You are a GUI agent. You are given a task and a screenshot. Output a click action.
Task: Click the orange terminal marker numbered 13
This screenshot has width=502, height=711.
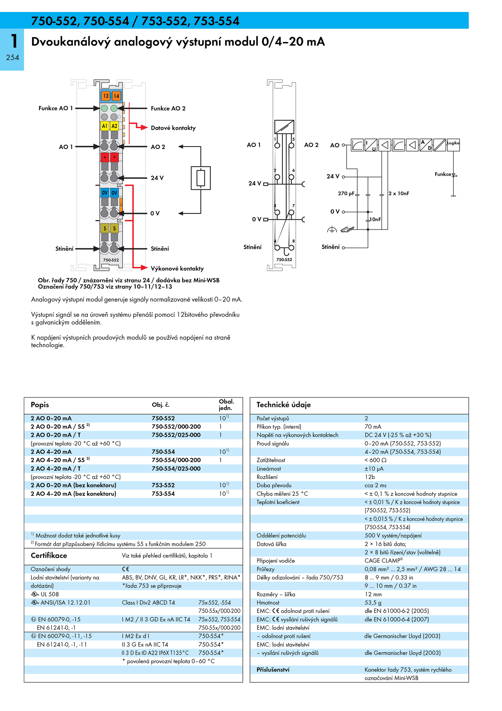point(105,96)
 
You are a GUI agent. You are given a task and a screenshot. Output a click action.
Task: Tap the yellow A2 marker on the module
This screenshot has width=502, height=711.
point(115,126)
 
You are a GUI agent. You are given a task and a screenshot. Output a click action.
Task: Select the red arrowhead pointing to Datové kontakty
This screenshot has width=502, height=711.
point(144,128)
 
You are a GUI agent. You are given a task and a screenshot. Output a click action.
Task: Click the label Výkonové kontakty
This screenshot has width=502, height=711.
point(177,269)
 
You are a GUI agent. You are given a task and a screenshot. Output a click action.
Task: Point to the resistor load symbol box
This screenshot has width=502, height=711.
point(201,178)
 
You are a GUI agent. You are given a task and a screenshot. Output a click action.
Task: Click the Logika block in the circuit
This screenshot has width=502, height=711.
point(453,145)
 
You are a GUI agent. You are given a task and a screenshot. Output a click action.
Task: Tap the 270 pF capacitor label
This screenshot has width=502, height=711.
point(346,194)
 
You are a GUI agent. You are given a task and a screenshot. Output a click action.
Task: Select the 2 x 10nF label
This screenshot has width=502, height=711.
point(399,194)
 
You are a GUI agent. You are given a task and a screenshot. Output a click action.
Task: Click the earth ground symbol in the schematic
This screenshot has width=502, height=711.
point(332,230)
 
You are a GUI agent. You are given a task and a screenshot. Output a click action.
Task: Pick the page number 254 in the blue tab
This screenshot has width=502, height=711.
point(13,57)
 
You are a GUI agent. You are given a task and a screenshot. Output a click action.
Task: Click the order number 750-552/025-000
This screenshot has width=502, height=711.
point(176,435)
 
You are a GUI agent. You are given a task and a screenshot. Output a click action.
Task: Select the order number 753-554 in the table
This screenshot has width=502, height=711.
point(163,494)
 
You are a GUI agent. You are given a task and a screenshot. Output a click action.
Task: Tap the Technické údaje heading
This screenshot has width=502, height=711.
point(284,405)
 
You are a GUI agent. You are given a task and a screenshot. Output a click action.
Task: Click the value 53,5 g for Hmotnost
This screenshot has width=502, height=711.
point(373,603)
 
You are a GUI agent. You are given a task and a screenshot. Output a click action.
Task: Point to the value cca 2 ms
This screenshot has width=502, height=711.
point(376,485)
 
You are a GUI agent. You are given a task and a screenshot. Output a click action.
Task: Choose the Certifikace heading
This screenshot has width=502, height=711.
point(49,555)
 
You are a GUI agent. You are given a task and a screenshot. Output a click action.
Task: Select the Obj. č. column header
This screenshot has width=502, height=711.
point(161,405)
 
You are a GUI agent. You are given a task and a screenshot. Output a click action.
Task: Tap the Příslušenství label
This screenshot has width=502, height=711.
point(273,670)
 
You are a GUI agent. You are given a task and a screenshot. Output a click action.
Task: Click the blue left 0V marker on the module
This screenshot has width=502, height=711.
point(105,193)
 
